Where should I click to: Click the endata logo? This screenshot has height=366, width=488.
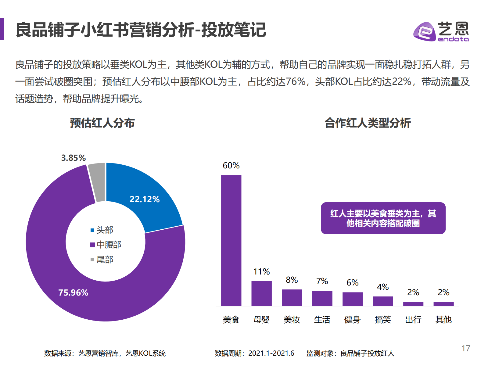(x=441, y=31)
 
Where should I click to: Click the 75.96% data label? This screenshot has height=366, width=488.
(x=73, y=292)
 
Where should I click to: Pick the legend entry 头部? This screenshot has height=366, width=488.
(x=102, y=230)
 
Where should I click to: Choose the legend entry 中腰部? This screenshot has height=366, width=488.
(x=106, y=245)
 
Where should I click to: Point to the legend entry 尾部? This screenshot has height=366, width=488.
(x=102, y=260)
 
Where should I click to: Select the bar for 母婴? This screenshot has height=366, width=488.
(x=261, y=293)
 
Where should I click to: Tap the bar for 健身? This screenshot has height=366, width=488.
(x=353, y=299)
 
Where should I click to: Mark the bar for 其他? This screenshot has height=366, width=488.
(x=443, y=304)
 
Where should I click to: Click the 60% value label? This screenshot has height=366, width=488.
(x=231, y=166)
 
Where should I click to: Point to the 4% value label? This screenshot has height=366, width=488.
(x=383, y=287)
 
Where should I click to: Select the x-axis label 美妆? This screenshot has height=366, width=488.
(x=292, y=320)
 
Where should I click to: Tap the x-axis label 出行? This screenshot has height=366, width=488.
(x=413, y=320)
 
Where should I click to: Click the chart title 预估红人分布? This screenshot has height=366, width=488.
(x=102, y=123)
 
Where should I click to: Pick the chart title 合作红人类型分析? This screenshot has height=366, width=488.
(x=368, y=123)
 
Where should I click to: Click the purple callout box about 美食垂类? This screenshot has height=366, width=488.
(x=383, y=218)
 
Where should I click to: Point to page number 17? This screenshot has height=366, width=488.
(x=466, y=348)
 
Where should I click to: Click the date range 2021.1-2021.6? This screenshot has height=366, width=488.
(x=271, y=353)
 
